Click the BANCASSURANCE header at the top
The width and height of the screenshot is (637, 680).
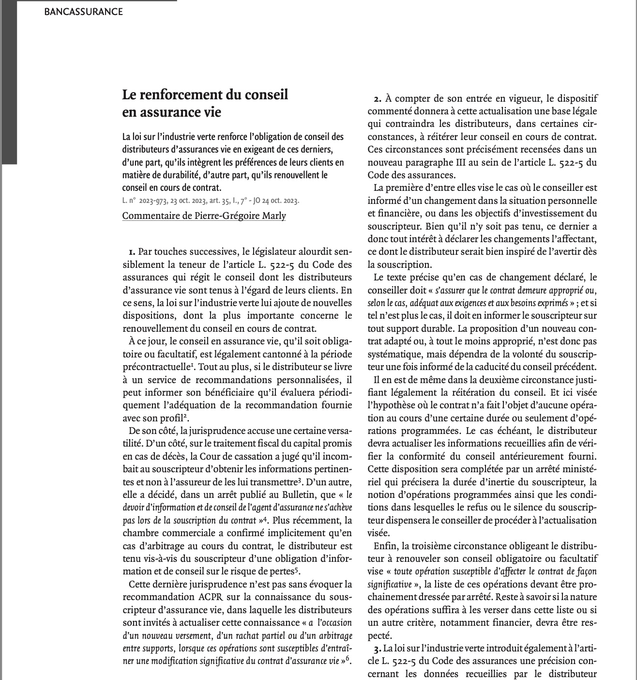coord(83,12)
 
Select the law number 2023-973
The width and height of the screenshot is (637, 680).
coord(153,200)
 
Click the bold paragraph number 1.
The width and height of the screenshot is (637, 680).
coord(132,252)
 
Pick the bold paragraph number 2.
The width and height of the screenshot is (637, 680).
coord(378,99)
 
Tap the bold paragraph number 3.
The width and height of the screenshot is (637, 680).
coord(377,648)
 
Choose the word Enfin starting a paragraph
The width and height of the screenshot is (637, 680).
coord(385,546)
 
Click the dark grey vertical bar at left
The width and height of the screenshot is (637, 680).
coord(9,82)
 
